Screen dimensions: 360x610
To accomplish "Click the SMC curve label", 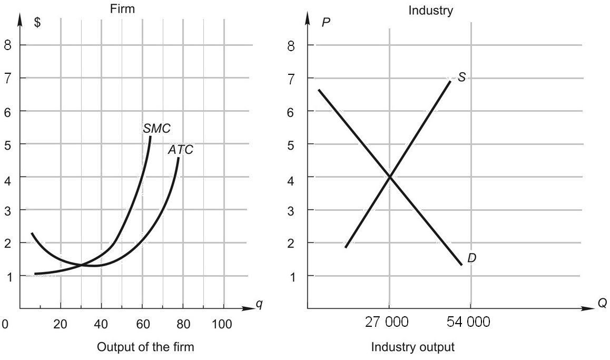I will pyautogui.click(x=156, y=128).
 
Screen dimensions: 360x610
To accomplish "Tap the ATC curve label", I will pyautogui.click(x=181, y=150).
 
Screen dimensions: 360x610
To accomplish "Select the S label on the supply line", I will pyautogui.click(x=461, y=77).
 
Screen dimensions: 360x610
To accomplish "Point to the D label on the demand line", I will pyautogui.click(x=471, y=258).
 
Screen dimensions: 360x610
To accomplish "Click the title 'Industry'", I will pyautogui.click(x=430, y=11).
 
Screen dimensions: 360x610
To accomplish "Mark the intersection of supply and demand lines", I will pyautogui.click(x=390, y=177).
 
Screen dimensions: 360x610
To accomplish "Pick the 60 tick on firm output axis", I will pyautogui.click(x=143, y=324).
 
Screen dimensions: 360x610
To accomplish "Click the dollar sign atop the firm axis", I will pyautogui.click(x=37, y=24).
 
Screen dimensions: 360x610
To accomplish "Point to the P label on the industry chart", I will pyautogui.click(x=326, y=24).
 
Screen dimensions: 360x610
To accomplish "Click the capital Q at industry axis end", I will pyautogui.click(x=602, y=304).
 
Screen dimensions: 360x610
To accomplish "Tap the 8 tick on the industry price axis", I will pyautogui.click(x=292, y=45).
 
